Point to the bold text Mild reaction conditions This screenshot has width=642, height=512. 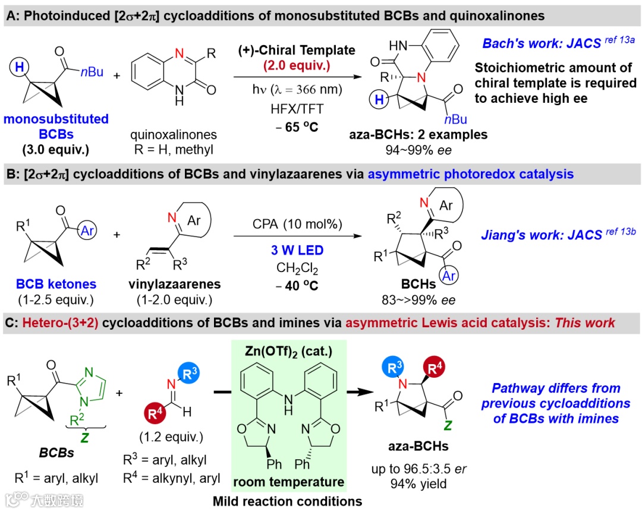(x=288, y=501)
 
